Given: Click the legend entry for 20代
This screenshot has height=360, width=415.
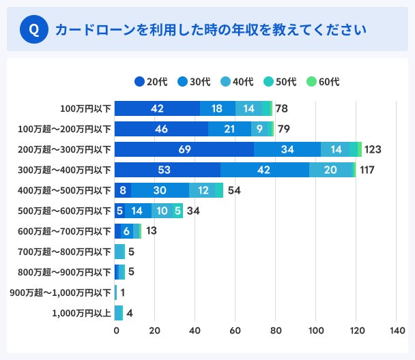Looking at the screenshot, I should pyautogui.click(x=151, y=82).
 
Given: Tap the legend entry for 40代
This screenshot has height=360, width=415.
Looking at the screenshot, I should pyautogui.click(x=237, y=82).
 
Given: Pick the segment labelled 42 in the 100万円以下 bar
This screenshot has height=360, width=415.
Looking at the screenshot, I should pyautogui.click(x=157, y=108).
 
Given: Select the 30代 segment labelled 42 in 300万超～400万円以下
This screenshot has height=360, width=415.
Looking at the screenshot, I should pyautogui.click(x=264, y=170).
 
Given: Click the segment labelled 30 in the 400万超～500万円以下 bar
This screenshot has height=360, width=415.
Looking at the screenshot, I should pyautogui.click(x=160, y=190).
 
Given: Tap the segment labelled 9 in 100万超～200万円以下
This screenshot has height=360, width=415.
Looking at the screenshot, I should pyautogui.click(x=260, y=129).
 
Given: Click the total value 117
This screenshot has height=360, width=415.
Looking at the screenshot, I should pyautogui.click(x=367, y=170).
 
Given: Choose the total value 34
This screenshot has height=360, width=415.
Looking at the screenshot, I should pyautogui.click(x=193, y=211).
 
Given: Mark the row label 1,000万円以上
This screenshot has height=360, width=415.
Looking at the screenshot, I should pyautogui.click(x=81, y=313).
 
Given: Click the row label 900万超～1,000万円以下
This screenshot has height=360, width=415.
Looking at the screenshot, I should pyautogui.click(x=60, y=292).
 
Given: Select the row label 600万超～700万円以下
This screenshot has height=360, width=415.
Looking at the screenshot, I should pyautogui.click(x=65, y=231).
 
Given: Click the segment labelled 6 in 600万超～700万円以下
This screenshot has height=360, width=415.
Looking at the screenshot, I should pyautogui.click(x=127, y=231).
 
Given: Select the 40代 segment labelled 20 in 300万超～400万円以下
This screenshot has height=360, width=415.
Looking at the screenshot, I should pyautogui.click(x=330, y=170).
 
